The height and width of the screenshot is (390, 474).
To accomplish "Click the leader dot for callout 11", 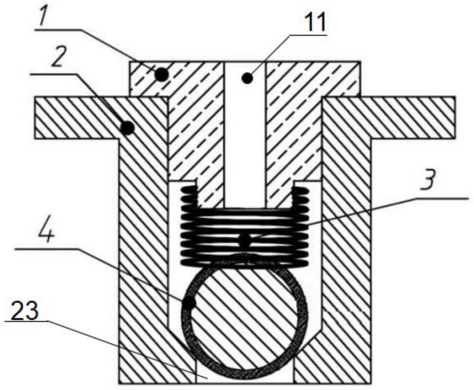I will (x=247, y=78).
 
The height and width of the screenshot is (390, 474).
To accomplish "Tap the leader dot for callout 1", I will (x=161, y=74).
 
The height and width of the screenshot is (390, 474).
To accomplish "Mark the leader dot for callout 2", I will (x=127, y=128).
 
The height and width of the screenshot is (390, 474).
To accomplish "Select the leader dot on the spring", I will (x=244, y=241).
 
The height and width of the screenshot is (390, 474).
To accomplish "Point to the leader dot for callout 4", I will (x=189, y=303).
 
